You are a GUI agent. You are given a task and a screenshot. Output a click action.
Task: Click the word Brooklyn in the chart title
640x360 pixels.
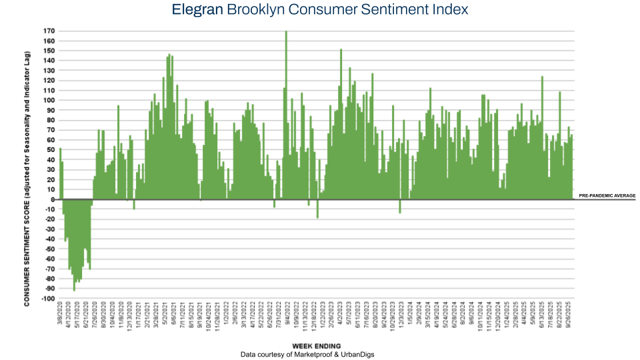tap(257, 9)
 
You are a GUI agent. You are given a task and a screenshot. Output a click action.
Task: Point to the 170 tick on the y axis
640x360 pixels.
tap(49, 31)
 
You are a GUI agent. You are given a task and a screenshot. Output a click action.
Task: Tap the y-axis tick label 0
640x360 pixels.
tap(53, 199)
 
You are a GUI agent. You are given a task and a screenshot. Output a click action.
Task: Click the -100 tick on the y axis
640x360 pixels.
tap(47, 299)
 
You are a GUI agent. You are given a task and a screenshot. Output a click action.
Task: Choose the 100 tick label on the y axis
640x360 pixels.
tap(49, 101)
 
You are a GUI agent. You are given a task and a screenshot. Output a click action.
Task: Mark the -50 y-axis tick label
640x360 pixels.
tap(49, 249)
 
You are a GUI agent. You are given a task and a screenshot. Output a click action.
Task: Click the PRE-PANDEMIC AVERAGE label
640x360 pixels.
tap(607, 196)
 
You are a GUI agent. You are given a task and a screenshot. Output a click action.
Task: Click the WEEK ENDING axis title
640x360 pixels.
tap(317, 346)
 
